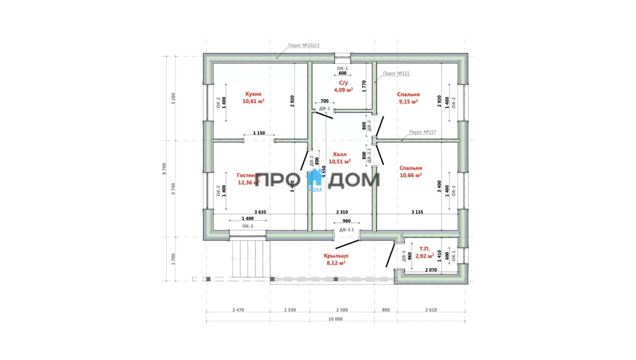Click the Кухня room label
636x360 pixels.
click(x=252, y=93)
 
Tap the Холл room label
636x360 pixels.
click(x=340, y=154)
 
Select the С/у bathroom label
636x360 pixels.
click(x=343, y=83)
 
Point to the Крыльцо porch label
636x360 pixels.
click(x=336, y=256)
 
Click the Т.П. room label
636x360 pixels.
click(x=424, y=249)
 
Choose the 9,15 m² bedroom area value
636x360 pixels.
click(x=408, y=101)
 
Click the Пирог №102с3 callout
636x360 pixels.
click(x=303, y=45)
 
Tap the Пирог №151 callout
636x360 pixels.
click(x=396, y=74)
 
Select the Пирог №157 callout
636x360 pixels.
click(x=422, y=132)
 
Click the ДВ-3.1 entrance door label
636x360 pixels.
click(x=347, y=229)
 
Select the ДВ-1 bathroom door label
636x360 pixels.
click(x=324, y=109)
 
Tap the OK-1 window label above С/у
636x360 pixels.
click(x=342, y=67)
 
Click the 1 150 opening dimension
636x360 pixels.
click(x=259, y=133)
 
